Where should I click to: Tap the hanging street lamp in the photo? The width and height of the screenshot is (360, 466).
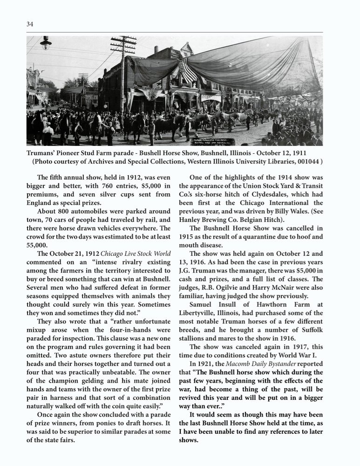[x=46, y=43]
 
